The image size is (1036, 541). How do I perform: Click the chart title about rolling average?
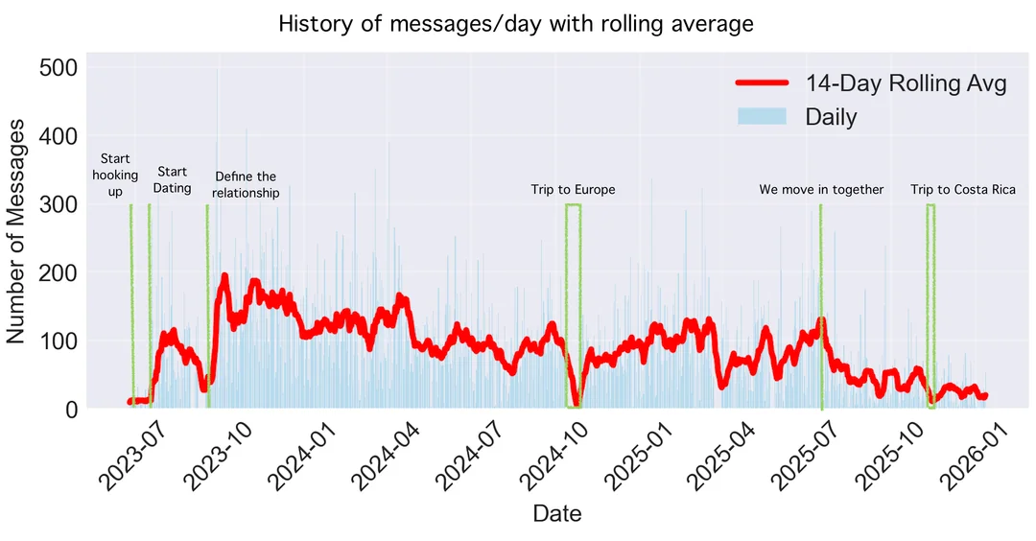[516, 23]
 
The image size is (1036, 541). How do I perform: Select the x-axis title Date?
[556, 513]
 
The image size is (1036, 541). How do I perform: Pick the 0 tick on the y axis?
[70, 409]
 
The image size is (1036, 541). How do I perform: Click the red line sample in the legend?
[762, 83]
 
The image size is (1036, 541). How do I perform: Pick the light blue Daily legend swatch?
[762, 117]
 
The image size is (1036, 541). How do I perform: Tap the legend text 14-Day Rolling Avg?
[906, 83]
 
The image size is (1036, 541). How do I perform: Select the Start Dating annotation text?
[173, 180]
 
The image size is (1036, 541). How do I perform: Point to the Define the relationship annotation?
[246, 184]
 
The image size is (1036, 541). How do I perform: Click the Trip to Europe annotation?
[573, 190]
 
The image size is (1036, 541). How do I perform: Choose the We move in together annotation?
[821, 190]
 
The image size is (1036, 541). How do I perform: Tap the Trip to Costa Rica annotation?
[962, 190]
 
